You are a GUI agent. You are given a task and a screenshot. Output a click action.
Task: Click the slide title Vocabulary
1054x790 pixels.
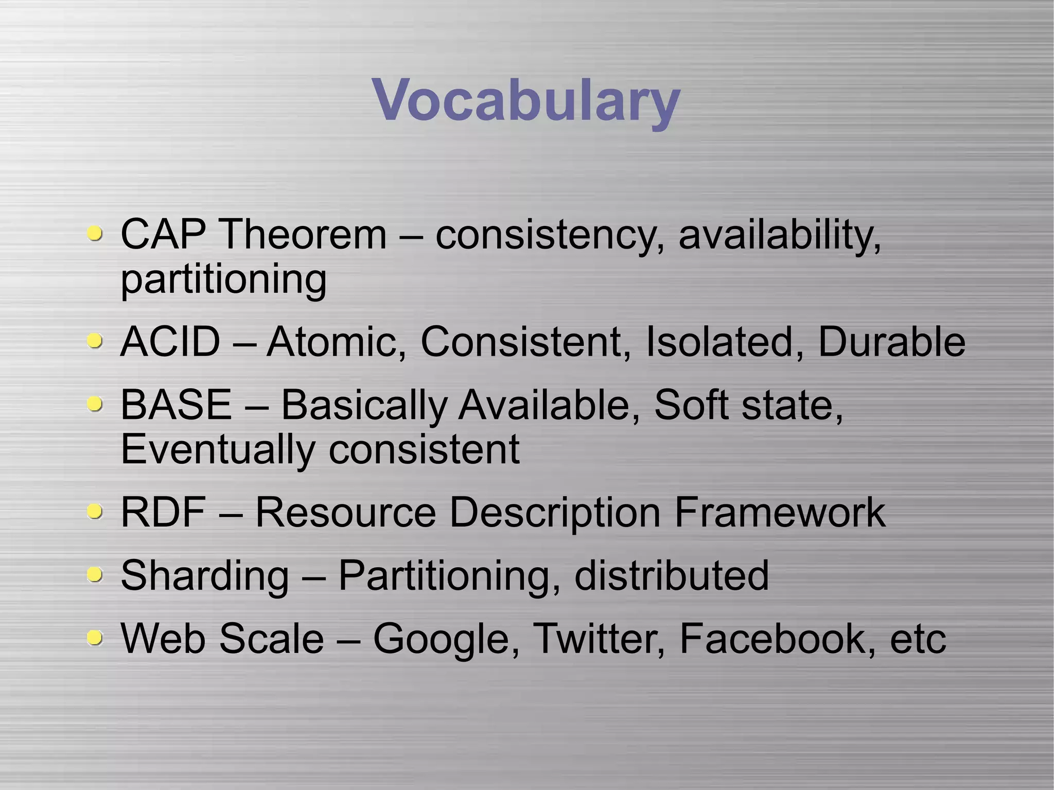click(526, 100)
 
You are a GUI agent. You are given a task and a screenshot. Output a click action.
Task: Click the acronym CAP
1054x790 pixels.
click(163, 235)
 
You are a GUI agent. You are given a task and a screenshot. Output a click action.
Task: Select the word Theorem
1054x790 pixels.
click(304, 235)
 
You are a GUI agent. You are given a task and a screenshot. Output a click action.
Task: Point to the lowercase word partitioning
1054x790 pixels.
click(223, 280)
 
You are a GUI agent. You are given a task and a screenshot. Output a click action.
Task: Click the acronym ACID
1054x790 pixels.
click(170, 342)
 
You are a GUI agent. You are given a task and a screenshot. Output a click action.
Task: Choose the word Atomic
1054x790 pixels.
click(336, 342)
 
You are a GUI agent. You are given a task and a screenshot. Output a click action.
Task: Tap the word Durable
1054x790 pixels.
click(891, 342)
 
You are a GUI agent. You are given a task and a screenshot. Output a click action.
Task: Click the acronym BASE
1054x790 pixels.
click(175, 405)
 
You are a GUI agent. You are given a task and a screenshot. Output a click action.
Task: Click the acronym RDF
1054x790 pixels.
click(163, 513)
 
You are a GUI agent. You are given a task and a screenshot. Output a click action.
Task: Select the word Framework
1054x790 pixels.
click(779, 513)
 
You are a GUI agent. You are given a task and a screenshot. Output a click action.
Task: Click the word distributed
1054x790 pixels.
click(671, 575)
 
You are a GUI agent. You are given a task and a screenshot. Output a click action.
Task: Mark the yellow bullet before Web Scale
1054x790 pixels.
click(94, 639)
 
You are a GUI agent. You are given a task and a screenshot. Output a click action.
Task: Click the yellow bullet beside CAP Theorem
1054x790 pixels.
click(94, 235)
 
